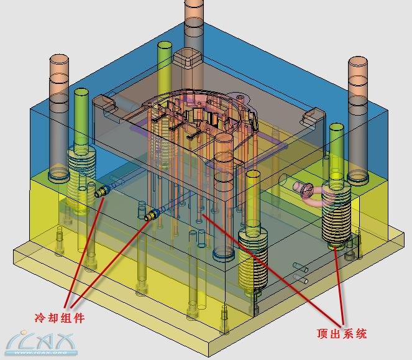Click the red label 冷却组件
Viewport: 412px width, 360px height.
coord(60,318)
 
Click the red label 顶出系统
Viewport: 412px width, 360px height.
coord(342,333)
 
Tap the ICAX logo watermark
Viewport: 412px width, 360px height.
coord(41,343)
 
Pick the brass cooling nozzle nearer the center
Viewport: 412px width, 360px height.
coord(152,215)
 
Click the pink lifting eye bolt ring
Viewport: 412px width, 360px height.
coord(311,194)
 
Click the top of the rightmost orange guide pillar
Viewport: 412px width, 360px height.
coord(357,62)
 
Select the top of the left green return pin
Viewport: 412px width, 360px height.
coord(81,93)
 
